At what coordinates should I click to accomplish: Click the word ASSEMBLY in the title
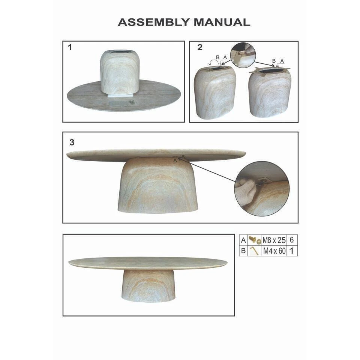pos(154,22)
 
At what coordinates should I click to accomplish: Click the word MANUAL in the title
pos(222,22)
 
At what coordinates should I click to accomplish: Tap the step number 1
pos(70,48)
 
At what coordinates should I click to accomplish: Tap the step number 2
pos(200,47)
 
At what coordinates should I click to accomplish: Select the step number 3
pos(72,142)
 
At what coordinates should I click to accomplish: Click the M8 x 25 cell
pos(274,240)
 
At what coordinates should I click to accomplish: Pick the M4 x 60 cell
pos(274,251)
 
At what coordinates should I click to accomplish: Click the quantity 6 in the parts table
pos(292,240)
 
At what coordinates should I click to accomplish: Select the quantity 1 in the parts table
pos(292,251)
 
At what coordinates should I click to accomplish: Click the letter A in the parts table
pos(243,240)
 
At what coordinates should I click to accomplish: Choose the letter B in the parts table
pos(243,251)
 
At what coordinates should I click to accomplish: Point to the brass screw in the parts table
pos(252,239)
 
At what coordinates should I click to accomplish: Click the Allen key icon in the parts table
pos(255,250)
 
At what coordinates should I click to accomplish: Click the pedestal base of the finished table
pos(148,285)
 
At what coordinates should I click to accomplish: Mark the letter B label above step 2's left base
pos(217,57)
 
